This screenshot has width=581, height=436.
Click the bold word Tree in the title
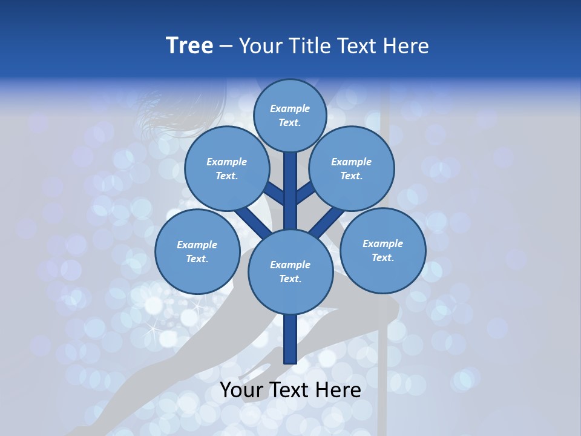(189, 46)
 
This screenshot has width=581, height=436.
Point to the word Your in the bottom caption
(242, 390)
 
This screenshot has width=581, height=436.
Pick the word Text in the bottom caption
(292, 390)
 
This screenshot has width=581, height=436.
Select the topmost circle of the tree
(290, 116)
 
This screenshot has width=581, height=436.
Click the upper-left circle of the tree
(226, 169)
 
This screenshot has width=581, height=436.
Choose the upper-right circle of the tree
(351, 169)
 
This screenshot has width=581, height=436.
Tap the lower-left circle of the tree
(197, 251)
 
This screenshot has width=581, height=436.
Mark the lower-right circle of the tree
(382, 250)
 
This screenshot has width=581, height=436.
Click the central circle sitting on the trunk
(290, 272)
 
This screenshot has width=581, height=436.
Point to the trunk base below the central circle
(290, 339)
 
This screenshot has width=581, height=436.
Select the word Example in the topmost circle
(290, 109)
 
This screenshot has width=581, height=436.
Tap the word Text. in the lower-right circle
(382, 257)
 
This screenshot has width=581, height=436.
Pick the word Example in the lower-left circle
(197, 245)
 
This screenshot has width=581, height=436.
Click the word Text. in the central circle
(290, 279)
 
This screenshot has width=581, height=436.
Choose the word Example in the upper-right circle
(351, 162)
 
